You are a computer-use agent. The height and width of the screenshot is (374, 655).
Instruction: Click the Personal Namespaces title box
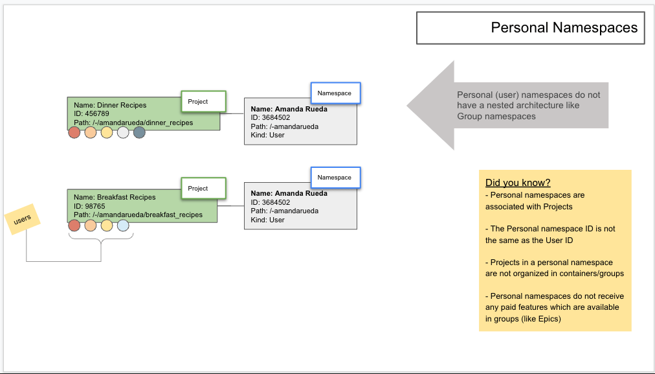530,28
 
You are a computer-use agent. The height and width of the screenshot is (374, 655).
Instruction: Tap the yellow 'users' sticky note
23,220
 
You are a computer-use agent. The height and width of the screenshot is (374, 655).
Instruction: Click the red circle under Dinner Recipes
74,133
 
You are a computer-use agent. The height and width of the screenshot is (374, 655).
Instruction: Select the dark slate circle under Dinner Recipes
139,133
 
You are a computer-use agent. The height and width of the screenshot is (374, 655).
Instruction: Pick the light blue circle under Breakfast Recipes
123,226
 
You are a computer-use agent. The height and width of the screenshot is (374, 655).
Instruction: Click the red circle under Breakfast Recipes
74,226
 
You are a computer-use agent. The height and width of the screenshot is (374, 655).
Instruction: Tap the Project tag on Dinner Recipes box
203,102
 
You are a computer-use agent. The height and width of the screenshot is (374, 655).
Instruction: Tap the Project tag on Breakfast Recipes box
203,189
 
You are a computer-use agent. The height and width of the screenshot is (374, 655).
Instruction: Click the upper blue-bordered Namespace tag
335,93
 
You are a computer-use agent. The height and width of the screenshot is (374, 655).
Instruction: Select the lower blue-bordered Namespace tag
335,178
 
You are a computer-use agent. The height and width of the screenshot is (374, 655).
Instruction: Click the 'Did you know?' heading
518,183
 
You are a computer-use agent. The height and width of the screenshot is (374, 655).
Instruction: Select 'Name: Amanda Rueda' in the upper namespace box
289,109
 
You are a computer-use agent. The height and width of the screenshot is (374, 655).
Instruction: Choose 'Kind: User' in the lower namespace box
267,220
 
